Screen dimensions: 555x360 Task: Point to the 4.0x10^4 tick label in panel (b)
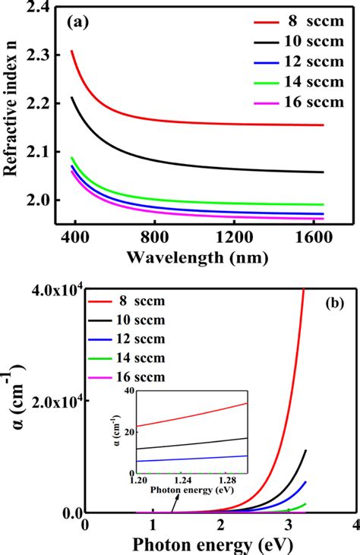(46, 289)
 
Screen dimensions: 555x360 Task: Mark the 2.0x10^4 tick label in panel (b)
(46, 400)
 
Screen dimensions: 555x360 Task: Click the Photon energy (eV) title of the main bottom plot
(220, 546)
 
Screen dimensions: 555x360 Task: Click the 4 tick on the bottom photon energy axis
(354, 526)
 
